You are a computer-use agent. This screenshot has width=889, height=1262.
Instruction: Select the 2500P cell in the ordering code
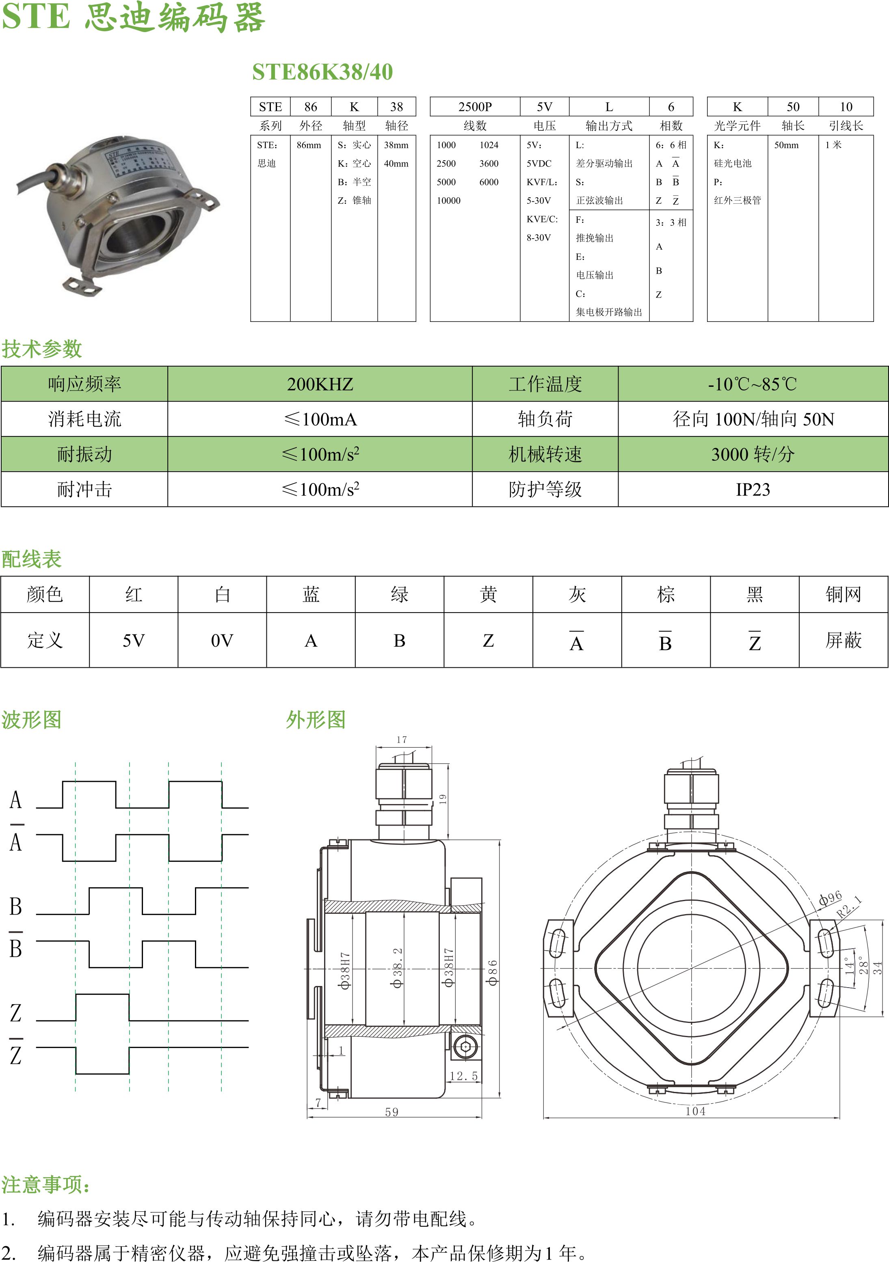pyautogui.click(x=475, y=107)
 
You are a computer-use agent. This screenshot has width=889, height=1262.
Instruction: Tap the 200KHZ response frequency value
pyautogui.click(x=320, y=384)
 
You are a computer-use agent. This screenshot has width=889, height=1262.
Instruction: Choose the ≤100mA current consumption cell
pyautogui.click(x=320, y=419)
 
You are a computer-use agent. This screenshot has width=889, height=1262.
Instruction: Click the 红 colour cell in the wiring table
pyautogui.click(x=134, y=594)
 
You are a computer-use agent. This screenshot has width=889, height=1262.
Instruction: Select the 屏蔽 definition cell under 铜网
pyautogui.click(x=844, y=641)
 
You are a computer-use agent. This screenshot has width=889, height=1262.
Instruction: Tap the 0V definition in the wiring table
pyautogui.click(x=222, y=641)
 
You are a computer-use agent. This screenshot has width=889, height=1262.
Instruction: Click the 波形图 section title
pyautogui.click(x=31, y=720)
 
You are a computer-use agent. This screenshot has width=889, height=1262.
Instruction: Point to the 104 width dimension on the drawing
pyautogui.click(x=695, y=1111)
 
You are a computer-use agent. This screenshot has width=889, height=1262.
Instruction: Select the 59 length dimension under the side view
pyautogui.click(x=392, y=1112)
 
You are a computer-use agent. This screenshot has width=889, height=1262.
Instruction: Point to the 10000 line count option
pyautogui.click(x=449, y=201)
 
